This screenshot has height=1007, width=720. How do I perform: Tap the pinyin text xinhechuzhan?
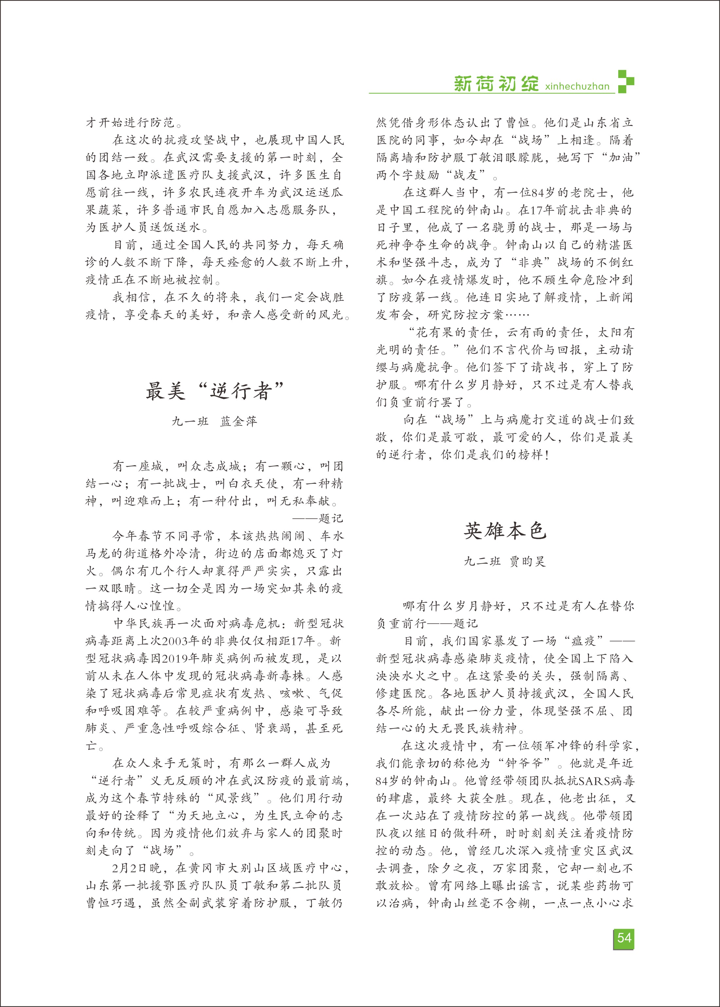click(577, 86)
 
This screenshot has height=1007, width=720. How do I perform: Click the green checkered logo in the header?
click(626, 82)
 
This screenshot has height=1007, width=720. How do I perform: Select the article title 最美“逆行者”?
click(214, 391)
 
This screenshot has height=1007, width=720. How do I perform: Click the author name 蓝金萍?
click(238, 421)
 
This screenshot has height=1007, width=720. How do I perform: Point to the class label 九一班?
click(190, 421)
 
